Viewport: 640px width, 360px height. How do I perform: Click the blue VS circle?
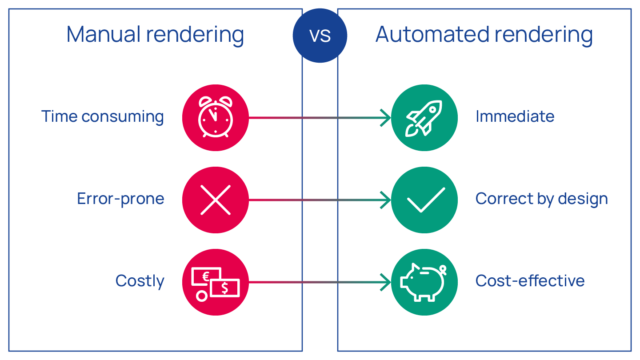pos(320,36)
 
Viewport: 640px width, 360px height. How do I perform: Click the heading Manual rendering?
pos(155,35)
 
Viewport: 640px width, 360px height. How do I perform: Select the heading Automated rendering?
pos(484,35)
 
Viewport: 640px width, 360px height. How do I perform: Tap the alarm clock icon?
pos(216,117)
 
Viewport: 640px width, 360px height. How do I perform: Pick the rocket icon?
pos(424,118)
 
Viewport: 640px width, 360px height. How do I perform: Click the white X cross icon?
pos(216,200)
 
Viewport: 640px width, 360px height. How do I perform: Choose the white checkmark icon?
pos(426,200)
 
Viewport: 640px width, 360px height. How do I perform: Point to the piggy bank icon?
pos(423,282)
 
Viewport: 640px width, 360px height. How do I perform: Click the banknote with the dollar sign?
pos(225,288)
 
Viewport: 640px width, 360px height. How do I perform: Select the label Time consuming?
pos(103,117)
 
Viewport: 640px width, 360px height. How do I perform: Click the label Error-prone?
pos(120,199)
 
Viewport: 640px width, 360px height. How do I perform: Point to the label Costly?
pos(140,281)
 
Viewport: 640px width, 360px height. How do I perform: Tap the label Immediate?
pos(515,116)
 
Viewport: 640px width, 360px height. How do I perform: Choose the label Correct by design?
pos(541,199)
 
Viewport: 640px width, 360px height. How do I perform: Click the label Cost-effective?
pos(530,281)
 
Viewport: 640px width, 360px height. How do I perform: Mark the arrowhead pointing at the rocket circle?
pos(386,118)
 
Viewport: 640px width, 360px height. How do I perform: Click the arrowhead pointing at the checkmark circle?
pos(386,200)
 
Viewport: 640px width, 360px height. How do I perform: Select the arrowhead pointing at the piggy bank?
pos(386,282)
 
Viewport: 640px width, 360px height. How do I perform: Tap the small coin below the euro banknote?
pos(202,296)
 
